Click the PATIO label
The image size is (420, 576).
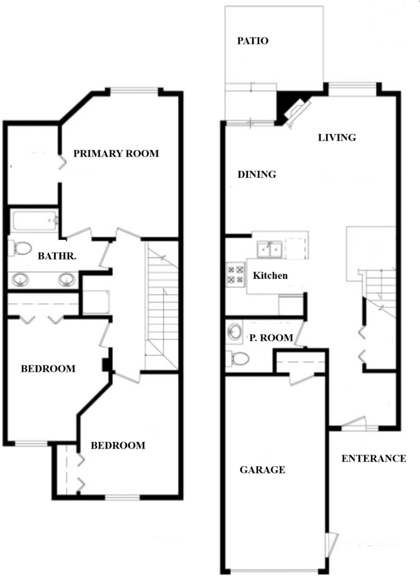point(253,41)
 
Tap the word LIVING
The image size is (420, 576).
point(337,138)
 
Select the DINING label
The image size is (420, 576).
point(257,174)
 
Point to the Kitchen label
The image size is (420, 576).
point(270,276)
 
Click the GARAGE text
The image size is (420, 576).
point(262,470)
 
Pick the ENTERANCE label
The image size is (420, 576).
point(374,459)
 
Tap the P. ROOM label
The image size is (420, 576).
point(271,338)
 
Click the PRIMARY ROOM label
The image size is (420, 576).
point(116,154)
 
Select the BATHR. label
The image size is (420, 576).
point(57,256)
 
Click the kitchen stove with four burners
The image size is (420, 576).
point(235,275)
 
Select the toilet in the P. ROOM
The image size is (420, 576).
point(237,359)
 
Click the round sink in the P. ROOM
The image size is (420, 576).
point(235,332)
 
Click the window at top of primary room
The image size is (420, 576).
point(134,91)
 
